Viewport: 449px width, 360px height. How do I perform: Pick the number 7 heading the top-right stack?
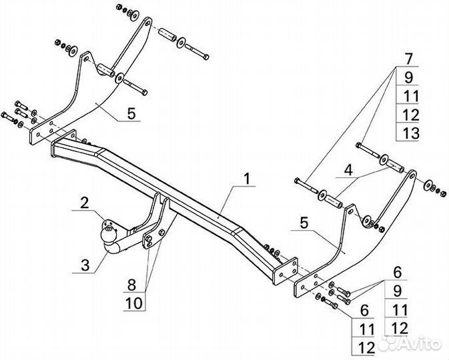point(408,58)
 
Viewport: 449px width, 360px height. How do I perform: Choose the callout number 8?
point(133,283)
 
